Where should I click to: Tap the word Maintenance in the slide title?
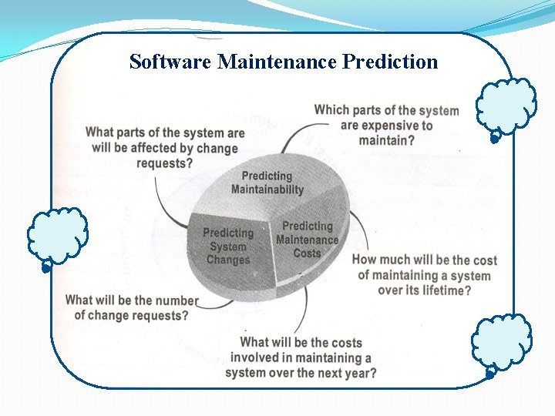tap(277, 62)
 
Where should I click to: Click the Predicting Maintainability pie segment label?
tap(267, 183)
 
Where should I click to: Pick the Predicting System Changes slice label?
tap(228, 247)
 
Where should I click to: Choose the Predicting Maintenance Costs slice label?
tap(307, 240)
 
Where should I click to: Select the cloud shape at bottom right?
tap(501, 343)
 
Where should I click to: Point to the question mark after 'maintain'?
tap(411, 140)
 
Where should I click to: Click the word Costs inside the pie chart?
tap(307, 253)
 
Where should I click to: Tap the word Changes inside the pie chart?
tap(228, 260)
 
